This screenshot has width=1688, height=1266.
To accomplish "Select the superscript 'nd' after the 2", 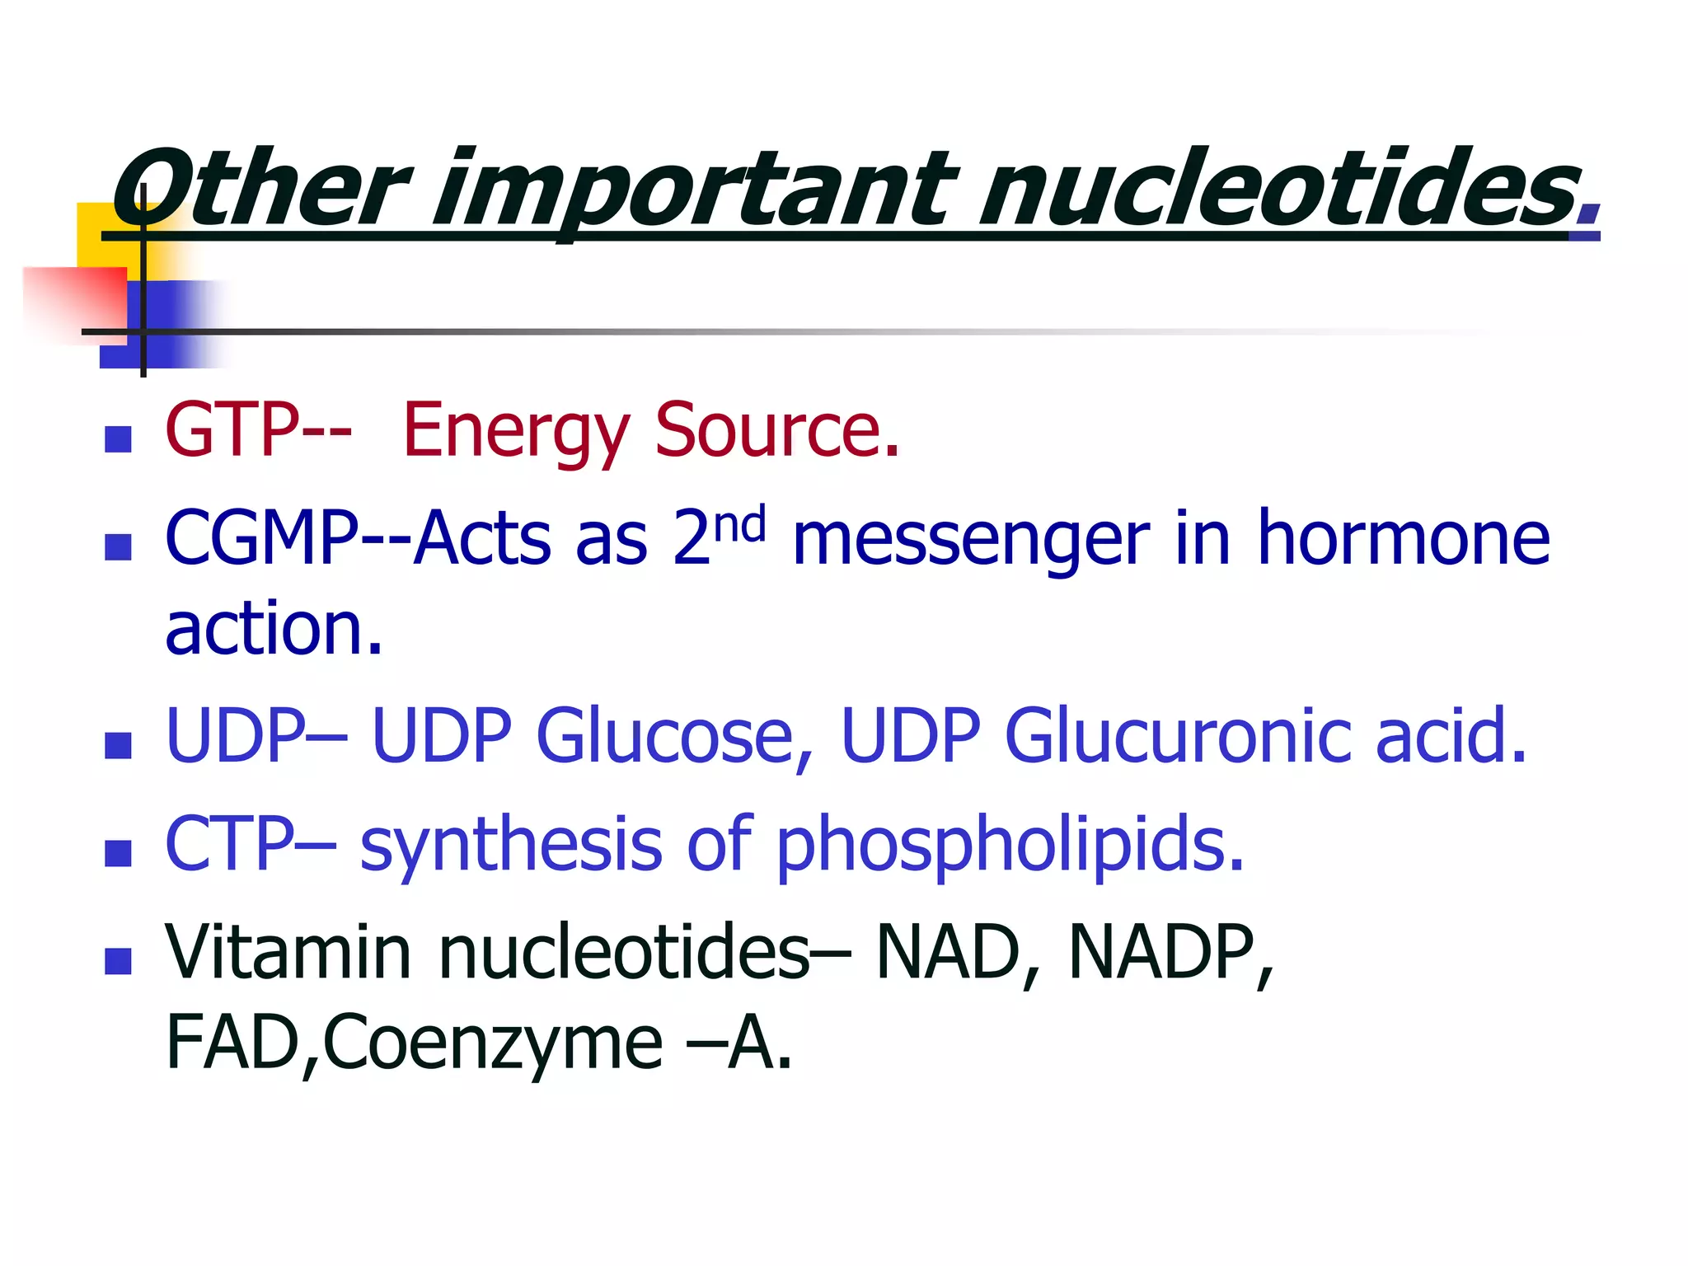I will coord(739,525).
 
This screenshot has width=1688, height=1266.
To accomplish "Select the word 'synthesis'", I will coord(511,845).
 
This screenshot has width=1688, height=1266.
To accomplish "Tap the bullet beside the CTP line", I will coord(119,853).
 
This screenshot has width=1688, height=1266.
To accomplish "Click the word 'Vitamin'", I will coord(288,953).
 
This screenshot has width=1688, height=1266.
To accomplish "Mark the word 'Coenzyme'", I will coord(495,1043).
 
